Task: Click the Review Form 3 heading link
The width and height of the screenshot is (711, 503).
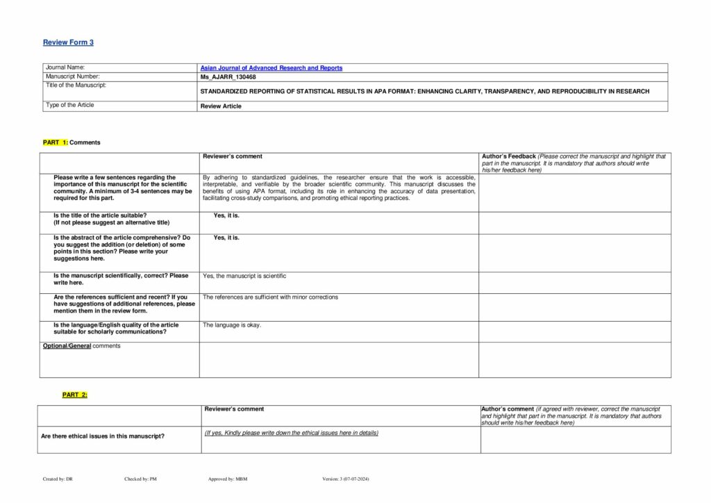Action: (68, 42)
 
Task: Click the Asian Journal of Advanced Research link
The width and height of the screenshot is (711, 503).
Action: (271, 68)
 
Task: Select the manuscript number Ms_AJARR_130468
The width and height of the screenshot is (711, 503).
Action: (228, 76)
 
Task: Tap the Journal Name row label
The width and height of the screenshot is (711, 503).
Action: (65, 67)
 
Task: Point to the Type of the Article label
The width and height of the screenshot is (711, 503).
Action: (69, 105)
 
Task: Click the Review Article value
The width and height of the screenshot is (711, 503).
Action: (221, 106)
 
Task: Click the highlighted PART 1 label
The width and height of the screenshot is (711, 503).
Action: (56, 142)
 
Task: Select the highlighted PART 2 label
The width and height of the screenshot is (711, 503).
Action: (75, 395)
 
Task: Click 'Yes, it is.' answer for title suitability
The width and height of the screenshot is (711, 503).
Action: (226, 216)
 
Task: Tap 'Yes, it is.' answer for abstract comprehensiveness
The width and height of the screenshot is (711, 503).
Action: (226, 238)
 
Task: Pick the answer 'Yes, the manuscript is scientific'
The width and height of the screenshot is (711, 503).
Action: (244, 276)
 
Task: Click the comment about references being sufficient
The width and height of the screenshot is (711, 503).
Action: (270, 297)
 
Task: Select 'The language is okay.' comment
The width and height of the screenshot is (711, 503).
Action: (232, 325)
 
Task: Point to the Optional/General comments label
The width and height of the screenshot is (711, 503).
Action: (81, 346)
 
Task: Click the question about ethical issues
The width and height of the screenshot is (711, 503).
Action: (103, 436)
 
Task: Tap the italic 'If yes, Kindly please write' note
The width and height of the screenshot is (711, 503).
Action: (292, 433)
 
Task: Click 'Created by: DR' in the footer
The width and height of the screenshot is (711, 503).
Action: (53, 479)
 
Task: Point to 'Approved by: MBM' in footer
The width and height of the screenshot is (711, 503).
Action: (228, 479)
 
